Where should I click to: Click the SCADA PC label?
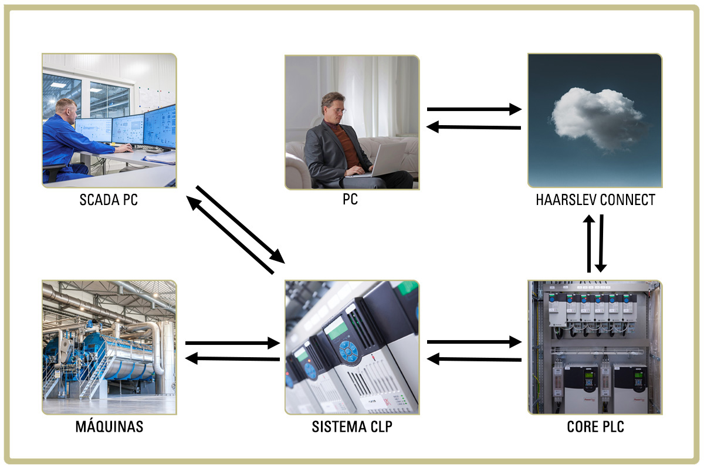(109, 200)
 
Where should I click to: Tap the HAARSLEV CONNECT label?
(595, 200)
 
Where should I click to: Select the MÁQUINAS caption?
(109, 427)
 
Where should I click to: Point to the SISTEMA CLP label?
(351, 427)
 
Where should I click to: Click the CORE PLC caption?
(595, 427)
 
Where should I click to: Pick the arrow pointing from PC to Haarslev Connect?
(474, 109)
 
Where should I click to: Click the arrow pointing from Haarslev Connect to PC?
(474, 127)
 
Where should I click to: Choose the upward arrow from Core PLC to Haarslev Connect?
(589, 244)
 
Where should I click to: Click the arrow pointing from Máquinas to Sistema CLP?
(232, 343)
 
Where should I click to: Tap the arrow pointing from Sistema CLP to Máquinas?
(232, 358)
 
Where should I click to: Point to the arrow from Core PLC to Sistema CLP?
(474, 358)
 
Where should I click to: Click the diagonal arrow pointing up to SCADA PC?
(230, 235)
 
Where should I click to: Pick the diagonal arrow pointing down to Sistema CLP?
(241, 224)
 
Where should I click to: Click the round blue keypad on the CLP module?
(349, 351)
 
